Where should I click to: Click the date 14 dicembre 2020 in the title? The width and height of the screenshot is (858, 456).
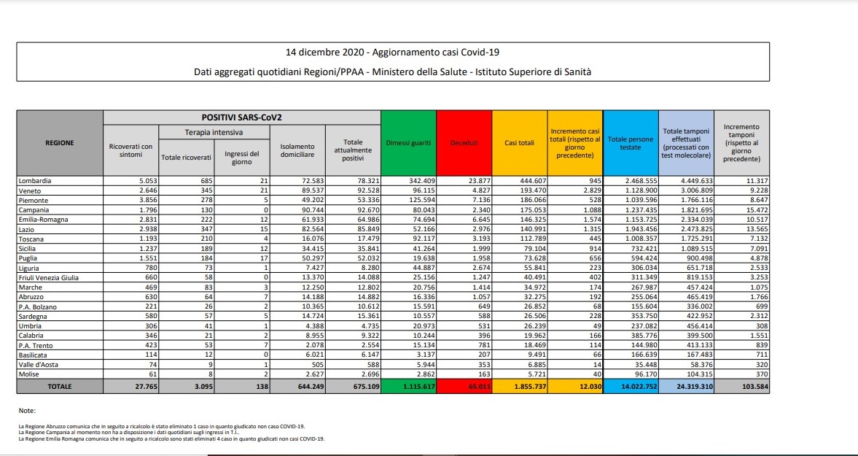(325, 53)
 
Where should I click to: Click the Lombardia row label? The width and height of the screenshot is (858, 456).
(34, 179)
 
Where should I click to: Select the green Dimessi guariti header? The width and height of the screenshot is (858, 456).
(408, 143)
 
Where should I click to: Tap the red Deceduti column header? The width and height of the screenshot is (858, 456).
(464, 143)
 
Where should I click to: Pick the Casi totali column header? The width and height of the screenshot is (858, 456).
(519, 143)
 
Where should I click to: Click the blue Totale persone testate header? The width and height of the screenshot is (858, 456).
(631, 143)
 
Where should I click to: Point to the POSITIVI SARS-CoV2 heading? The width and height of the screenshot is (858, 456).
(241, 117)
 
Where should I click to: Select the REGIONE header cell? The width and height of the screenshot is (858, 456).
(59, 143)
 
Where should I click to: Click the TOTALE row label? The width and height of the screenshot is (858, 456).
(59, 385)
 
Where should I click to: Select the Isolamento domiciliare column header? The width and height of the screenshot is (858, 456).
(297, 151)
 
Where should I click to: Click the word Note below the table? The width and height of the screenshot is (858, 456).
(28, 411)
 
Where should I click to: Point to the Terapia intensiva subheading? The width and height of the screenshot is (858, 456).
(213, 133)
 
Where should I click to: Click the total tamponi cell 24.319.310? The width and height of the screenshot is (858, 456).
(686, 385)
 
